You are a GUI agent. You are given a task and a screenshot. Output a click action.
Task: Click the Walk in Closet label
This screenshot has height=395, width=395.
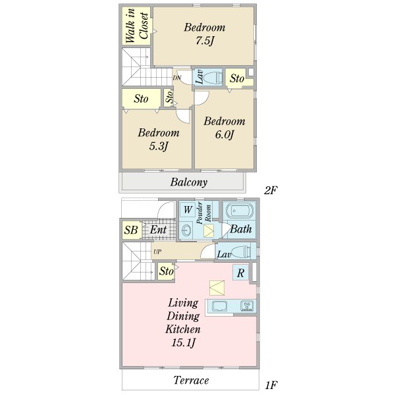[x=136, y=26]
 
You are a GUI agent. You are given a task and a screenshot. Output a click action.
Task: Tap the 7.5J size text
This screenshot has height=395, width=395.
[x=205, y=41]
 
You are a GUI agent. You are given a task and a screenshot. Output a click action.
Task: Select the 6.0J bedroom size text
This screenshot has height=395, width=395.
[x=224, y=134]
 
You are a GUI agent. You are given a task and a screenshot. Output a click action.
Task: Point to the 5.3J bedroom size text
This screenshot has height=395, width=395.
[x=158, y=146]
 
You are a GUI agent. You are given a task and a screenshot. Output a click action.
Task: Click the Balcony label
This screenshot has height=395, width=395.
[x=189, y=182]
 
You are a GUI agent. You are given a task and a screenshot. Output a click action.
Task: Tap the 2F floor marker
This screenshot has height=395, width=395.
[x=271, y=190]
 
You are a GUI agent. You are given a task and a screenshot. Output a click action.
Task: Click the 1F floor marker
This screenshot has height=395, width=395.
[x=271, y=385]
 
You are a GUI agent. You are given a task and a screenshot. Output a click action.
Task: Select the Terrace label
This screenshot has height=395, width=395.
[x=191, y=381]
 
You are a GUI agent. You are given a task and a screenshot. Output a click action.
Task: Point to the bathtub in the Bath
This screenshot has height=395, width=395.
[x=240, y=211]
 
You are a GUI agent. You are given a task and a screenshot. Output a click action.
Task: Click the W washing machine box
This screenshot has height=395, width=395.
[x=188, y=209]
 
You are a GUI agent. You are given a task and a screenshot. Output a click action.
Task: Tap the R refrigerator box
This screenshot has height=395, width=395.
[x=240, y=273]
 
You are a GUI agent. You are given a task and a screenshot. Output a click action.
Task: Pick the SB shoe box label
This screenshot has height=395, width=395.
[x=131, y=230]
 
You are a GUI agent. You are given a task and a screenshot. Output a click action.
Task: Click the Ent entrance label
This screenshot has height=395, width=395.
[x=158, y=230]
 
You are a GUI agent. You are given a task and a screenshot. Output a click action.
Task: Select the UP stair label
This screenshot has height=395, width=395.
[x=157, y=251]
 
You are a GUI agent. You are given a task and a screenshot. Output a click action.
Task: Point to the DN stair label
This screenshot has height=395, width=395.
[x=177, y=78]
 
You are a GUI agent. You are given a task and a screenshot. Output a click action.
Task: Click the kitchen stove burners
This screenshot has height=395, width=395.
[x=247, y=306]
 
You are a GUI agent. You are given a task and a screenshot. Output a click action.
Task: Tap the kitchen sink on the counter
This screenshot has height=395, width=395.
[x=219, y=306]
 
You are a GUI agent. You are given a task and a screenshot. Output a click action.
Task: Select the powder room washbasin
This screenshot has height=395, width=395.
[x=186, y=230]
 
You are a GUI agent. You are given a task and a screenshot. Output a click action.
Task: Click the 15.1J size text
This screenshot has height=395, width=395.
[x=183, y=343]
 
